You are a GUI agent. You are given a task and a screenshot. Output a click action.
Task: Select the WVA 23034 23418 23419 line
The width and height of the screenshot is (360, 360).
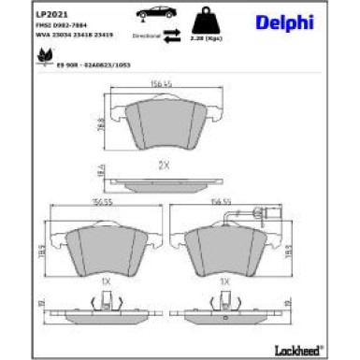pyautogui.click(x=73, y=35)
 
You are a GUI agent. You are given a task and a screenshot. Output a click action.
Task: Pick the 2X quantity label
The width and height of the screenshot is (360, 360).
pyautogui.click(x=163, y=165)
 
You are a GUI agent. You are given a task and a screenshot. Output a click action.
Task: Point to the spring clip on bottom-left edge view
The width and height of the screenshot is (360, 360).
pyautogui.click(x=106, y=301)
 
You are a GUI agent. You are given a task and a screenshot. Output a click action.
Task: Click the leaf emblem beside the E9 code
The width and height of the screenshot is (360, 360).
pyautogui.click(x=42, y=59)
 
